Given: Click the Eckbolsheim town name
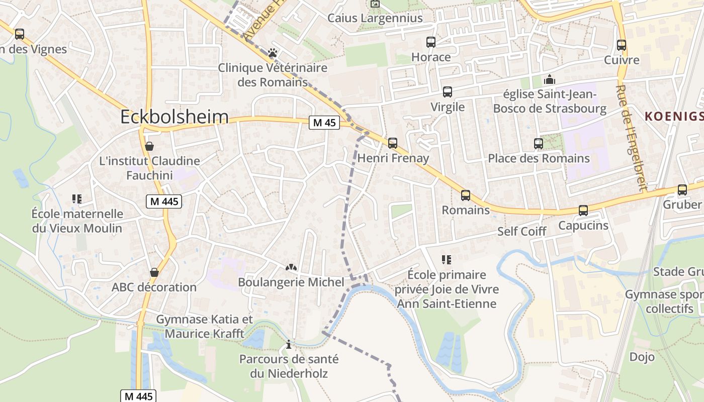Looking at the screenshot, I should pyautogui.click(x=174, y=117).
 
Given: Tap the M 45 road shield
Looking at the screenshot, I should pyautogui.click(x=324, y=123).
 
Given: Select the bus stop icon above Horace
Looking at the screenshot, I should pyautogui.click(x=431, y=42).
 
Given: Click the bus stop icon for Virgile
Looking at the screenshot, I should pyautogui.click(x=448, y=92).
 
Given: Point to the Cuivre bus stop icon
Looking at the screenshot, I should pyautogui.click(x=622, y=45).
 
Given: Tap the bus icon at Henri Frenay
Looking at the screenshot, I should pyautogui.click(x=393, y=143).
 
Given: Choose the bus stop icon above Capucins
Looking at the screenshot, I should pyautogui.click(x=583, y=211).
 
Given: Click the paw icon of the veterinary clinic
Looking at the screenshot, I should pyautogui.click(x=273, y=52).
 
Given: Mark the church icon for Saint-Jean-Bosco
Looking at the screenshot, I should pyautogui.click(x=550, y=79).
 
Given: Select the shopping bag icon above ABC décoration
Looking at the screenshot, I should pyautogui.click(x=154, y=272).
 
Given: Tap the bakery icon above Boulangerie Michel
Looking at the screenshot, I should pyautogui.click(x=291, y=267).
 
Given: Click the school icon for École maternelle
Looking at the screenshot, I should pyautogui.click(x=77, y=199).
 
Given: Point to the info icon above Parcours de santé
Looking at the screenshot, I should pyautogui.click(x=289, y=345).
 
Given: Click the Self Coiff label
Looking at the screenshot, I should pyautogui.click(x=521, y=231).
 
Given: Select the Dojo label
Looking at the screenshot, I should pyautogui.click(x=642, y=357).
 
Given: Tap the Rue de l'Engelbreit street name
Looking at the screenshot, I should pyautogui.click(x=630, y=138).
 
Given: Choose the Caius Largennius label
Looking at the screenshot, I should pyautogui.click(x=375, y=18).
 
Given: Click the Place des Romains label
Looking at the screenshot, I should pyautogui.click(x=539, y=158).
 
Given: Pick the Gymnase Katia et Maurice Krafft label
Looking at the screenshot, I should pyautogui.click(x=205, y=327).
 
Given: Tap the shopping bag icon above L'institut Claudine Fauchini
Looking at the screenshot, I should pyautogui.click(x=149, y=147).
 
